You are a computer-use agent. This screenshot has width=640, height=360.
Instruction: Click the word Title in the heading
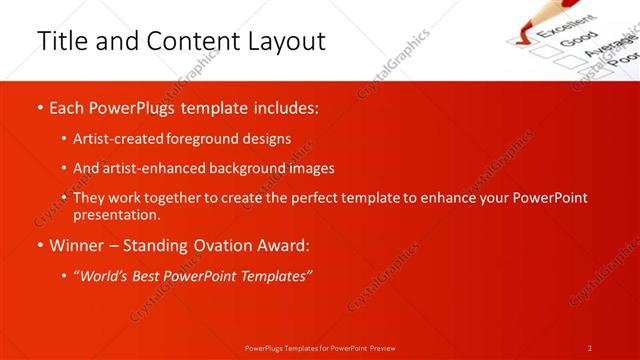(x=59, y=41)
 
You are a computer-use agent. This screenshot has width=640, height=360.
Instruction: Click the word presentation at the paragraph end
(x=115, y=214)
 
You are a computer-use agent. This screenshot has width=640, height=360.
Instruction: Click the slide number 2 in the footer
(x=590, y=348)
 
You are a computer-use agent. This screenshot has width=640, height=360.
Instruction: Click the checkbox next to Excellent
(x=519, y=38)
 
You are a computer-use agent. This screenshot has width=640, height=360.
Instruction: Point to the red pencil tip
(x=516, y=34)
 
